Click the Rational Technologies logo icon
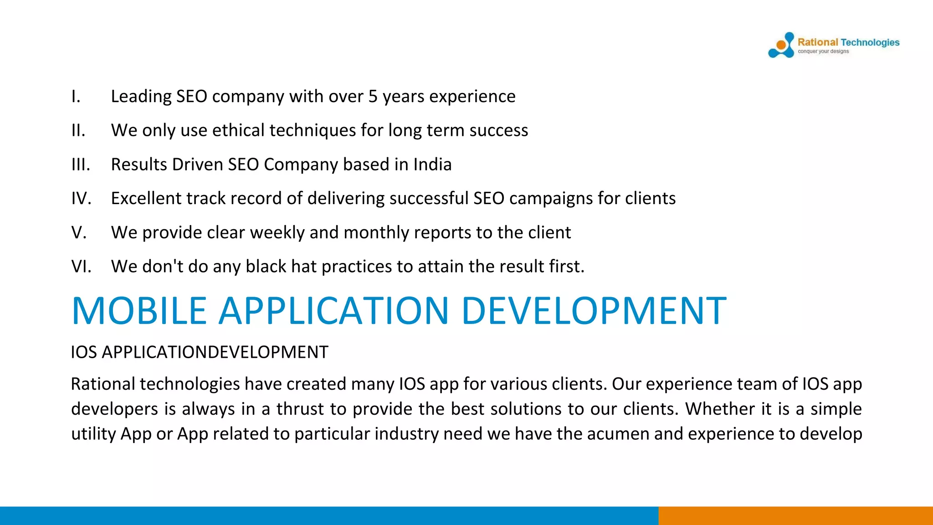[781, 45]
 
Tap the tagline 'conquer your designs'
[823, 51]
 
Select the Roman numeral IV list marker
[81, 199]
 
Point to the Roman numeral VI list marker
[81, 267]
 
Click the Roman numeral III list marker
[81, 165]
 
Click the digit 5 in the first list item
[373, 97]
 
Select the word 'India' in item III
[432, 165]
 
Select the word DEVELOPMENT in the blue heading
[594, 311]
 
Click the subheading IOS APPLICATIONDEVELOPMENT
[200, 352]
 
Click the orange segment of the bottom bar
[795, 515]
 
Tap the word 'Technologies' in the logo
[870, 42]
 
